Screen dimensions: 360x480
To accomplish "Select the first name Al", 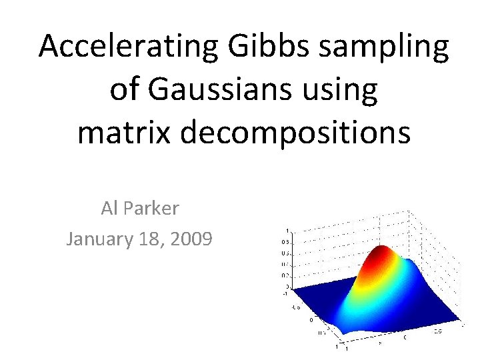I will (x=109, y=209).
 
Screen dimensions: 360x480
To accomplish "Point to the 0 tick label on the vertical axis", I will (x=287, y=286).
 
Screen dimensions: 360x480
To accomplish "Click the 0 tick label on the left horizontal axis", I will (x=311, y=319).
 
